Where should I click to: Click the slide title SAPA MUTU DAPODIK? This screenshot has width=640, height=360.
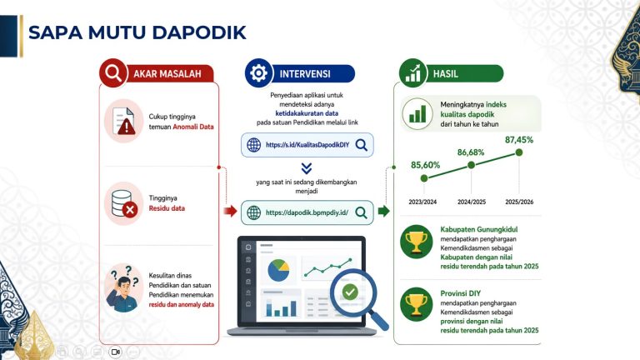coord(137,32)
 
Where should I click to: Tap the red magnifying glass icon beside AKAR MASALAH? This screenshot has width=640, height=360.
coord(113,73)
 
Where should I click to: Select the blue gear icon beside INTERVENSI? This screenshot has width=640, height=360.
coord(258,73)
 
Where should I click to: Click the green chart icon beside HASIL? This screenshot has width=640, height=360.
coord(412,73)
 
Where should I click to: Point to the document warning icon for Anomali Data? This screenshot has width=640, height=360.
coord(123,121)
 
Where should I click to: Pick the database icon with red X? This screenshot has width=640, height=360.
coord(124,203)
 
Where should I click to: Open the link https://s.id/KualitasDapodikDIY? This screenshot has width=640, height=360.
coord(307,145)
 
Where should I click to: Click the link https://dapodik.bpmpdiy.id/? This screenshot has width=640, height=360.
coord(307,212)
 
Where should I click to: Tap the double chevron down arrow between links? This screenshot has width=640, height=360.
coord(307,168)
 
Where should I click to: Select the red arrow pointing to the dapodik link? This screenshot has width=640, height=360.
coord(230,211)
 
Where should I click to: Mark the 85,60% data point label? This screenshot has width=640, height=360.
coord(425,165)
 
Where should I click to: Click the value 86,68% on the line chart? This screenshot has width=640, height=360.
coord(471,152)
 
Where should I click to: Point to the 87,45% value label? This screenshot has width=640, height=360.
coord(519,140)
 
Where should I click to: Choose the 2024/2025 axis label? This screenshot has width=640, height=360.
coord(472,202)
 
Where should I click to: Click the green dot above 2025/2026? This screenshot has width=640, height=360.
coord(519,152)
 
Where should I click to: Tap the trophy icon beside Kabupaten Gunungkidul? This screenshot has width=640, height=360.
coord(417,242)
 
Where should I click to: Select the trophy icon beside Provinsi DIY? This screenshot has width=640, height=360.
coord(417,304)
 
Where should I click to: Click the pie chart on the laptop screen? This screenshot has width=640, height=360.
coord(278,270)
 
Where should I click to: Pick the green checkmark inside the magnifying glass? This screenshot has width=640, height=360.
coord(350,292)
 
